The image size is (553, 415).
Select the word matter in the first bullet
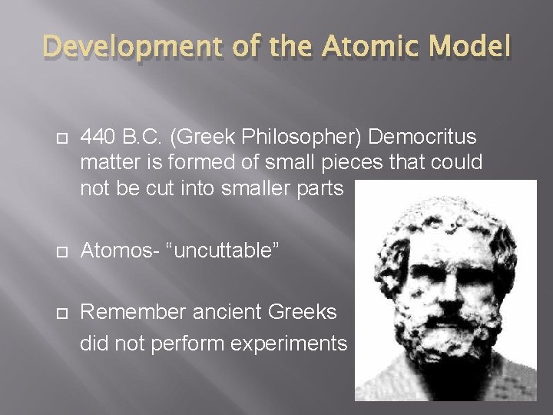(x=105, y=163)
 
